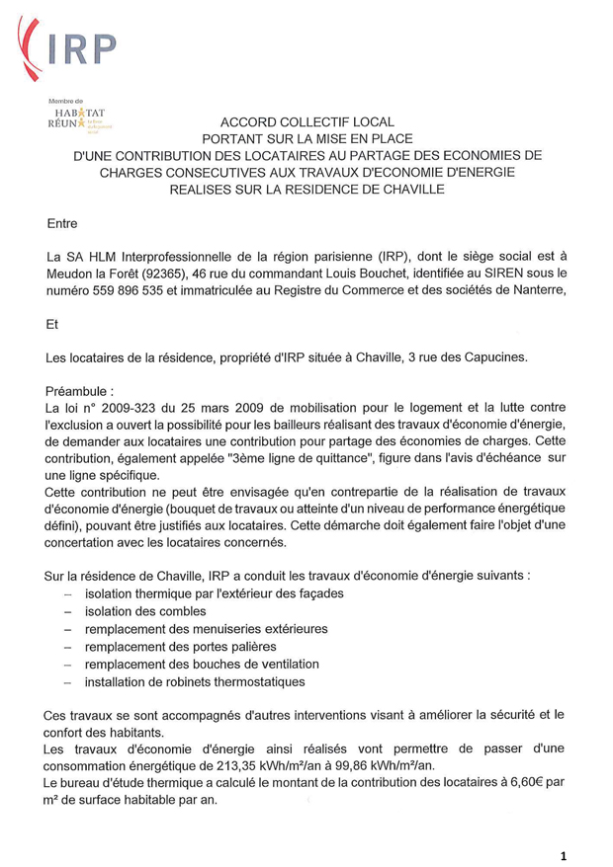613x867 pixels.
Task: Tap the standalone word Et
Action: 53,323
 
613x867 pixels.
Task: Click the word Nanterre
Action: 535,290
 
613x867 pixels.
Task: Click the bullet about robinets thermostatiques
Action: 194,681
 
